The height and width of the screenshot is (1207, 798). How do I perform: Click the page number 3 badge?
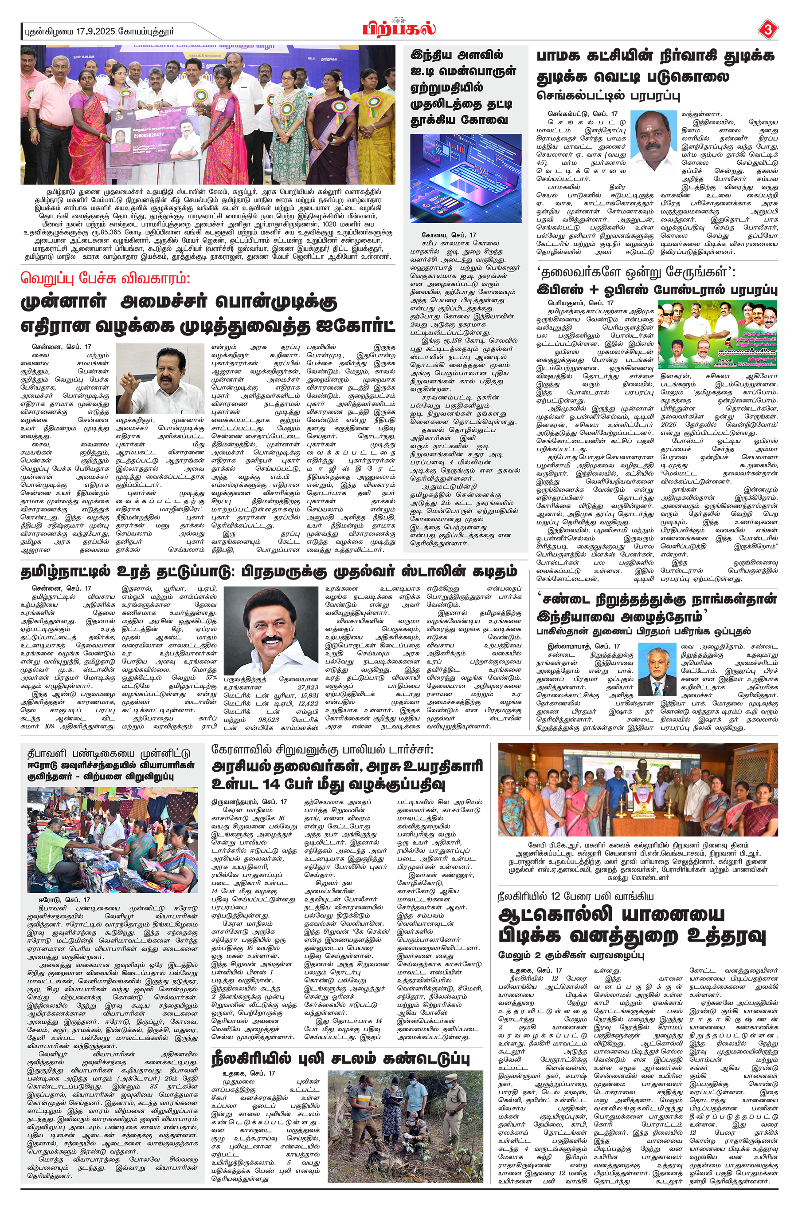tap(768, 30)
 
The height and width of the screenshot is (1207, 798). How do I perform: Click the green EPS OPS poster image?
tap(718, 335)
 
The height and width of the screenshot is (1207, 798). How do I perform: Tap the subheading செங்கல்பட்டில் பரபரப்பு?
tap(608, 95)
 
